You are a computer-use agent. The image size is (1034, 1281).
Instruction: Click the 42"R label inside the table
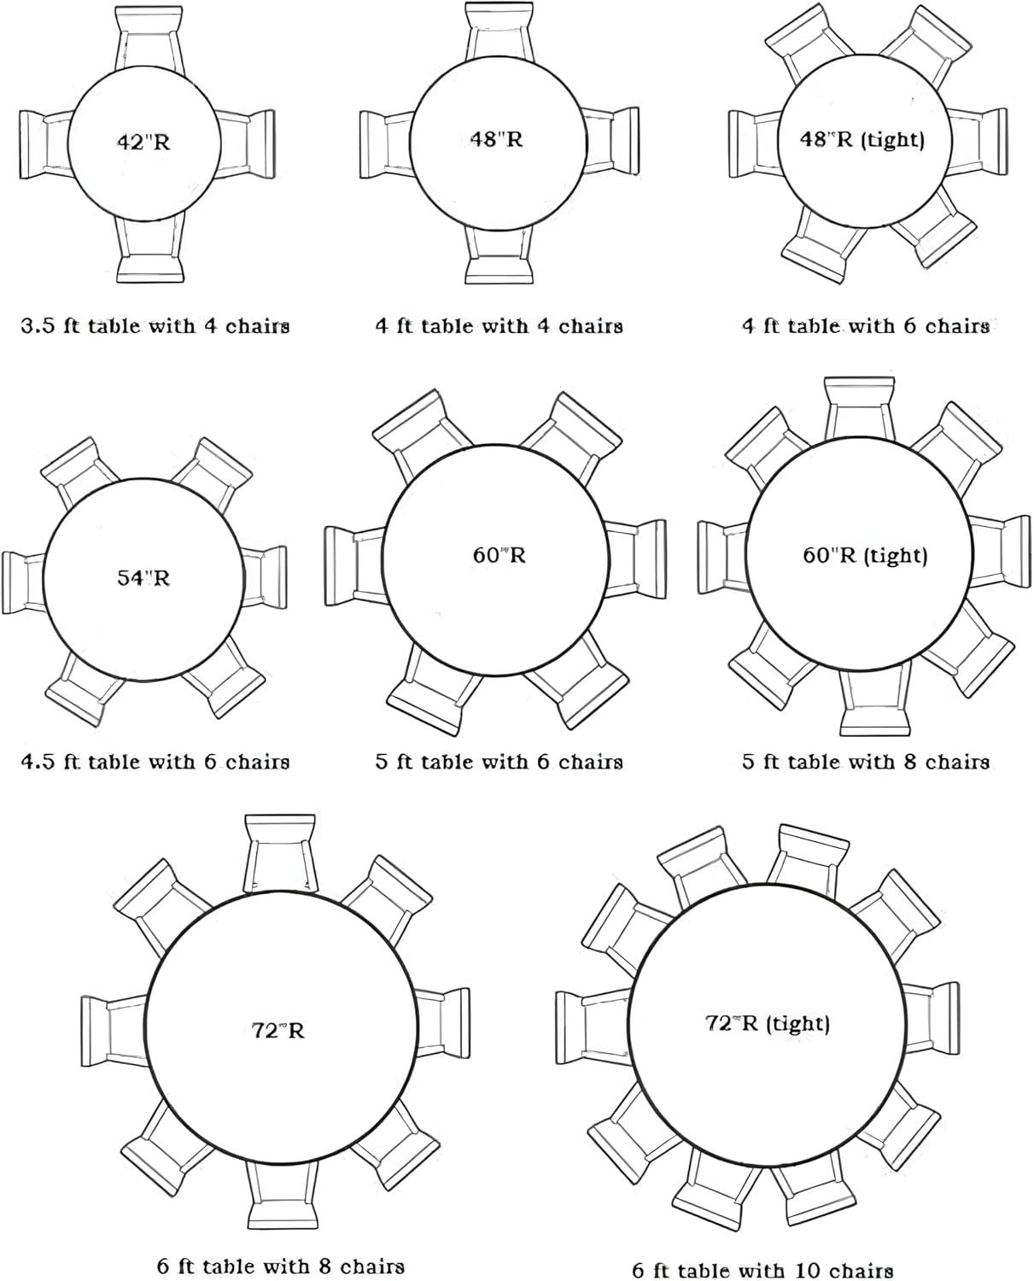click(143, 143)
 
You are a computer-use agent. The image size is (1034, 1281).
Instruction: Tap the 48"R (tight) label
click(862, 139)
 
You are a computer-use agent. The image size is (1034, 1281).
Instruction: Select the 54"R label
click(143, 578)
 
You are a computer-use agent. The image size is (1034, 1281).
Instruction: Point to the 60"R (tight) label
click(865, 554)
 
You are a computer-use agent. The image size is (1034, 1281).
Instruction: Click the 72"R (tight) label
click(767, 1022)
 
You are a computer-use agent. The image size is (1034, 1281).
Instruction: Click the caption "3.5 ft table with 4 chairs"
click(155, 326)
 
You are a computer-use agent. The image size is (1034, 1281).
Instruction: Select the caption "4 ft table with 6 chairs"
click(866, 326)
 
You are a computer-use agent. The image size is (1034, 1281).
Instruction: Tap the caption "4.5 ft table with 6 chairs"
click(155, 762)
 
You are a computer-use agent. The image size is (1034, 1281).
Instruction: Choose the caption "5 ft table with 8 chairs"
click(866, 762)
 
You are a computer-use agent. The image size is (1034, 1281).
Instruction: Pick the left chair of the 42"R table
click(47, 144)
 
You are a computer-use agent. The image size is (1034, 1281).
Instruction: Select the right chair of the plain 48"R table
click(610, 141)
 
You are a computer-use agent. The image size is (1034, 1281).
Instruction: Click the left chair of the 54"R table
click(24, 582)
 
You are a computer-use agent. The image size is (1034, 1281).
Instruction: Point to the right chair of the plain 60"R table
click(634, 559)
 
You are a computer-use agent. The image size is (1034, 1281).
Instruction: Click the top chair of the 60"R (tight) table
click(860, 409)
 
